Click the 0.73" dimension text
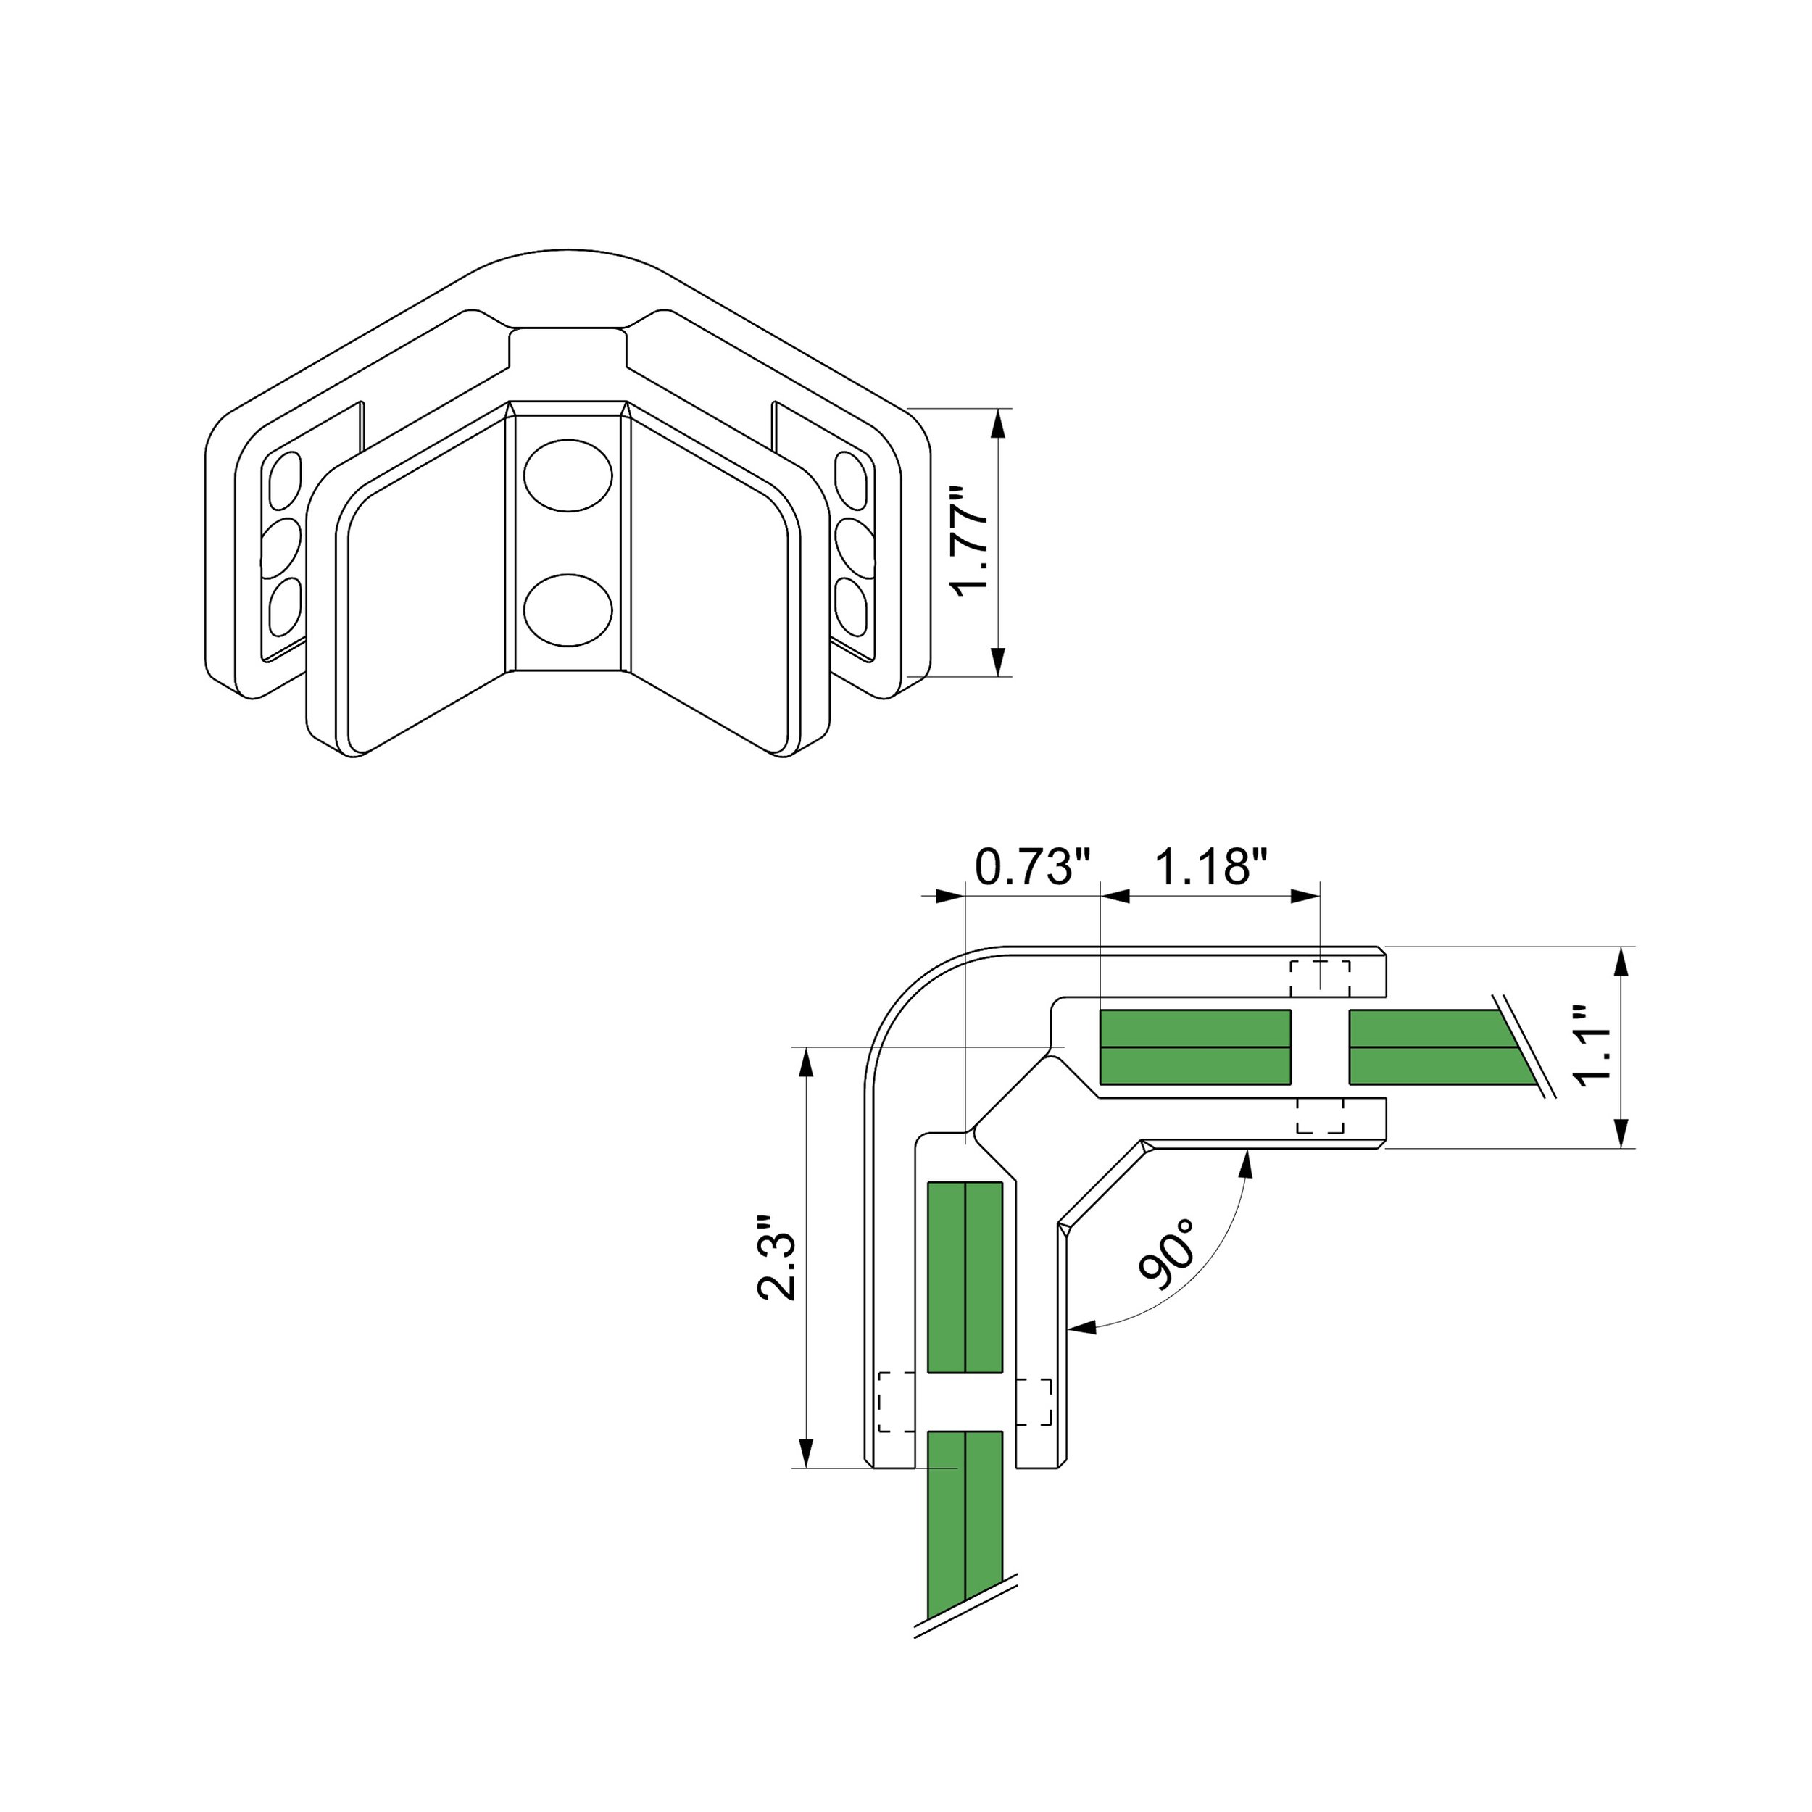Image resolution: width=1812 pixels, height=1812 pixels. pyautogui.click(x=1033, y=867)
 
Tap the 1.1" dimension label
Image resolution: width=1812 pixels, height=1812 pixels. pyautogui.click(x=1592, y=1046)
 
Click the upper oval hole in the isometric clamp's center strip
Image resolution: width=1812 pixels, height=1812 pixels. pyautogui.click(x=568, y=475)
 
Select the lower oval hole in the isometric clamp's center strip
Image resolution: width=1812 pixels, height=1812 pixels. pyautogui.click(x=568, y=610)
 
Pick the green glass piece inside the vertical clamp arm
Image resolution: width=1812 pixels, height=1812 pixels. pyautogui.click(x=965, y=1276)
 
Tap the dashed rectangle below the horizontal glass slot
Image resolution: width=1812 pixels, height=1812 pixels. pyautogui.click(x=1320, y=1115)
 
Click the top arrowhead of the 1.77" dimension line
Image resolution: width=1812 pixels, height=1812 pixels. pyautogui.click(x=998, y=424)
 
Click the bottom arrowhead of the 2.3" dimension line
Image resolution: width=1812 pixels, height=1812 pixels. pyautogui.click(x=805, y=1452)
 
